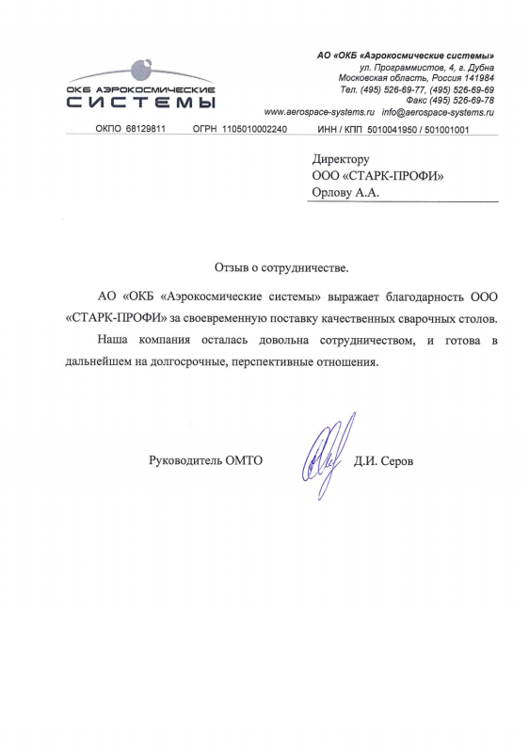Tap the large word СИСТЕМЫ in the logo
click(141, 103)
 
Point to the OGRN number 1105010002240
click(254, 129)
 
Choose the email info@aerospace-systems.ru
click(438, 111)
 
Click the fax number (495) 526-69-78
click(462, 100)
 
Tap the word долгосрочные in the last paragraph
click(184, 360)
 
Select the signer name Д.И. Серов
click(383, 461)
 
